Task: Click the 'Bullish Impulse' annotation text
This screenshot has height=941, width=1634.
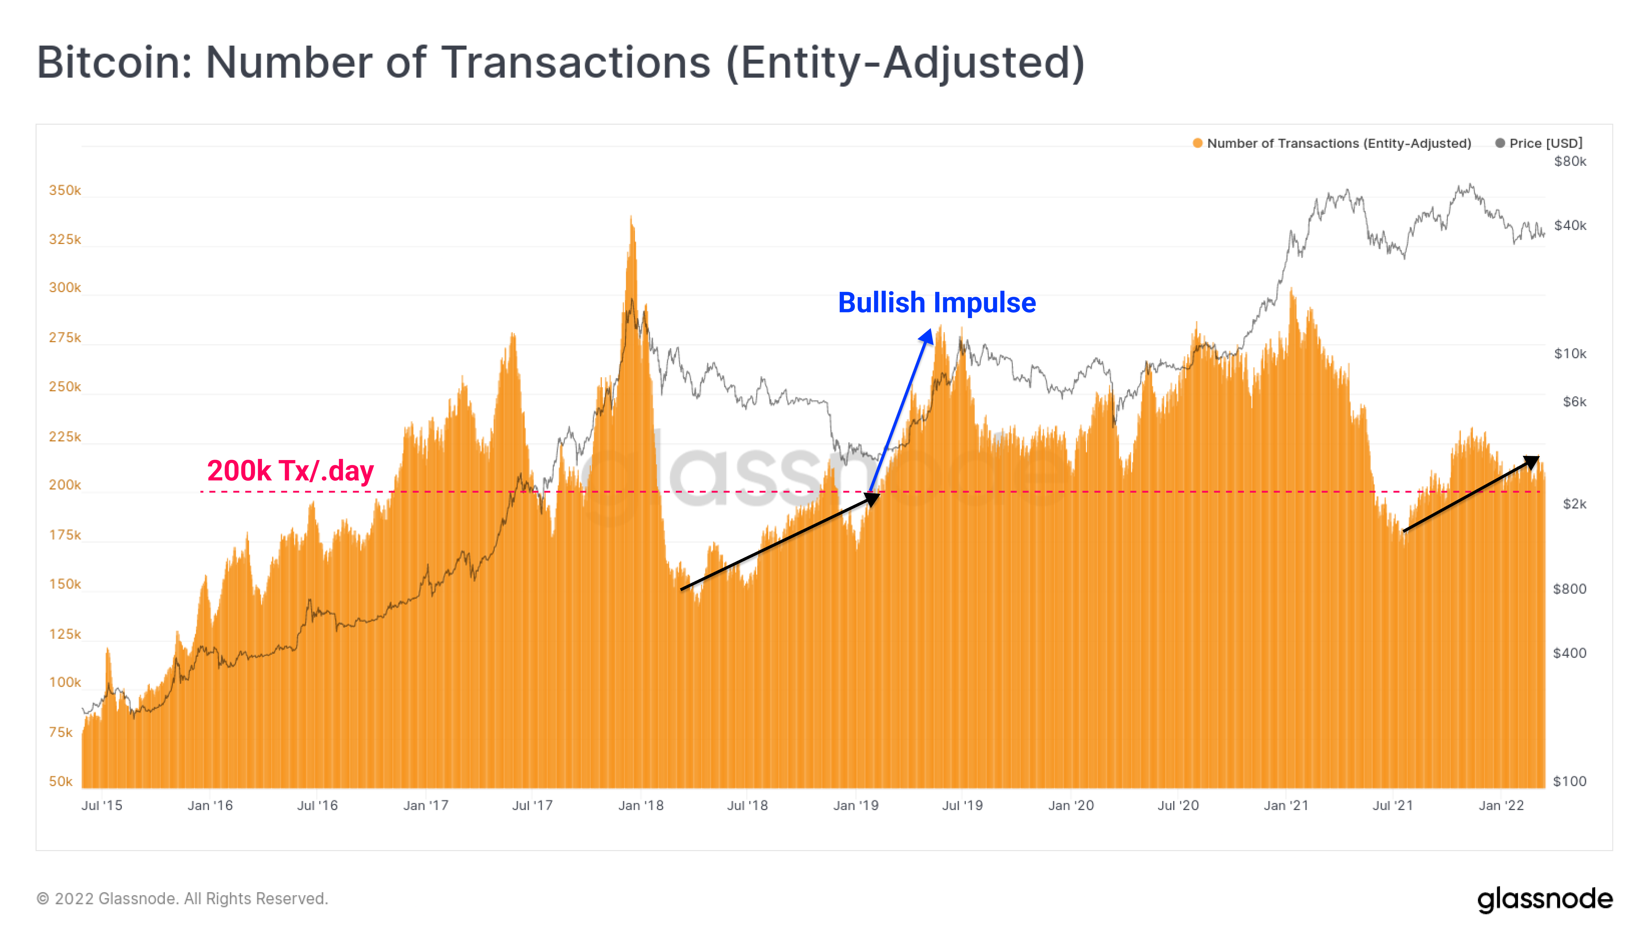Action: pyautogui.click(x=937, y=303)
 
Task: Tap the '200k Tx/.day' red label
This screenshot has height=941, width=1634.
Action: pyautogui.click(x=290, y=470)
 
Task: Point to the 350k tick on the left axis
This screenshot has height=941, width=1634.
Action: pyautogui.click(x=65, y=190)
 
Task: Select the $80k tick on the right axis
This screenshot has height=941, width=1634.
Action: pyautogui.click(x=1570, y=161)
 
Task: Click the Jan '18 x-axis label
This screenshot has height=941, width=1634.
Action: pyautogui.click(x=641, y=805)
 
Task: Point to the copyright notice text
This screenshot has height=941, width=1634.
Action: pyautogui.click(x=182, y=898)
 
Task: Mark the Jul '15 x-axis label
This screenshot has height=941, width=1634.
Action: pyautogui.click(x=101, y=805)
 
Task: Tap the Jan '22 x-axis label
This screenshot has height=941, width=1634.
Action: pyautogui.click(x=1501, y=805)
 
